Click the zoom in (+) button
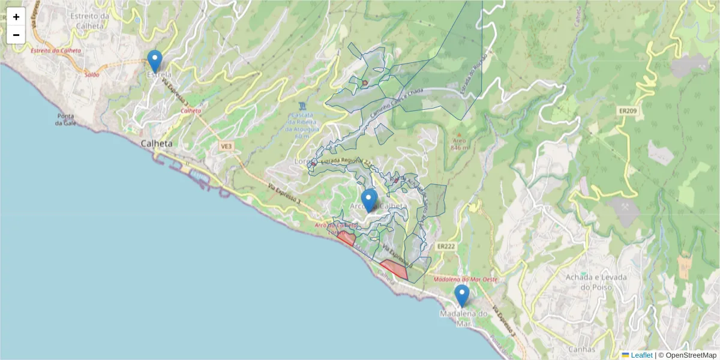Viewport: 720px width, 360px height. click(x=16, y=16)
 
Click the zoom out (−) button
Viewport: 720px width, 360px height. click(x=16, y=35)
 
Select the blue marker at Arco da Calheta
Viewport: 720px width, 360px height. click(x=369, y=200)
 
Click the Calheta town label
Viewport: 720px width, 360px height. click(x=156, y=144)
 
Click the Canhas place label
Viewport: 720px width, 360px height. click(x=582, y=349)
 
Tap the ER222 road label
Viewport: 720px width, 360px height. click(x=445, y=247)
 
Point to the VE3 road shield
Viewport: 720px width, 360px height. click(x=226, y=146)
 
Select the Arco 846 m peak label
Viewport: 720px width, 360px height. click(x=459, y=144)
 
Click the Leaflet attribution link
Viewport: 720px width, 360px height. click(x=641, y=355)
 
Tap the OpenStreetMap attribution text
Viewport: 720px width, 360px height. click(x=687, y=355)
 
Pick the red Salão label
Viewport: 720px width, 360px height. click(x=92, y=74)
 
